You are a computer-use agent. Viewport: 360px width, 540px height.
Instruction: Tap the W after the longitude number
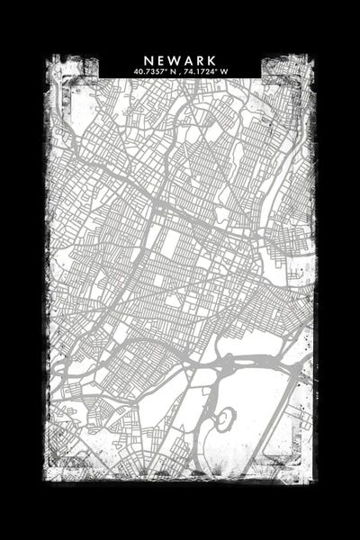pos(225,70)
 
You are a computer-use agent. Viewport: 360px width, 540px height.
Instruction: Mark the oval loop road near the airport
pos(224,418)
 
